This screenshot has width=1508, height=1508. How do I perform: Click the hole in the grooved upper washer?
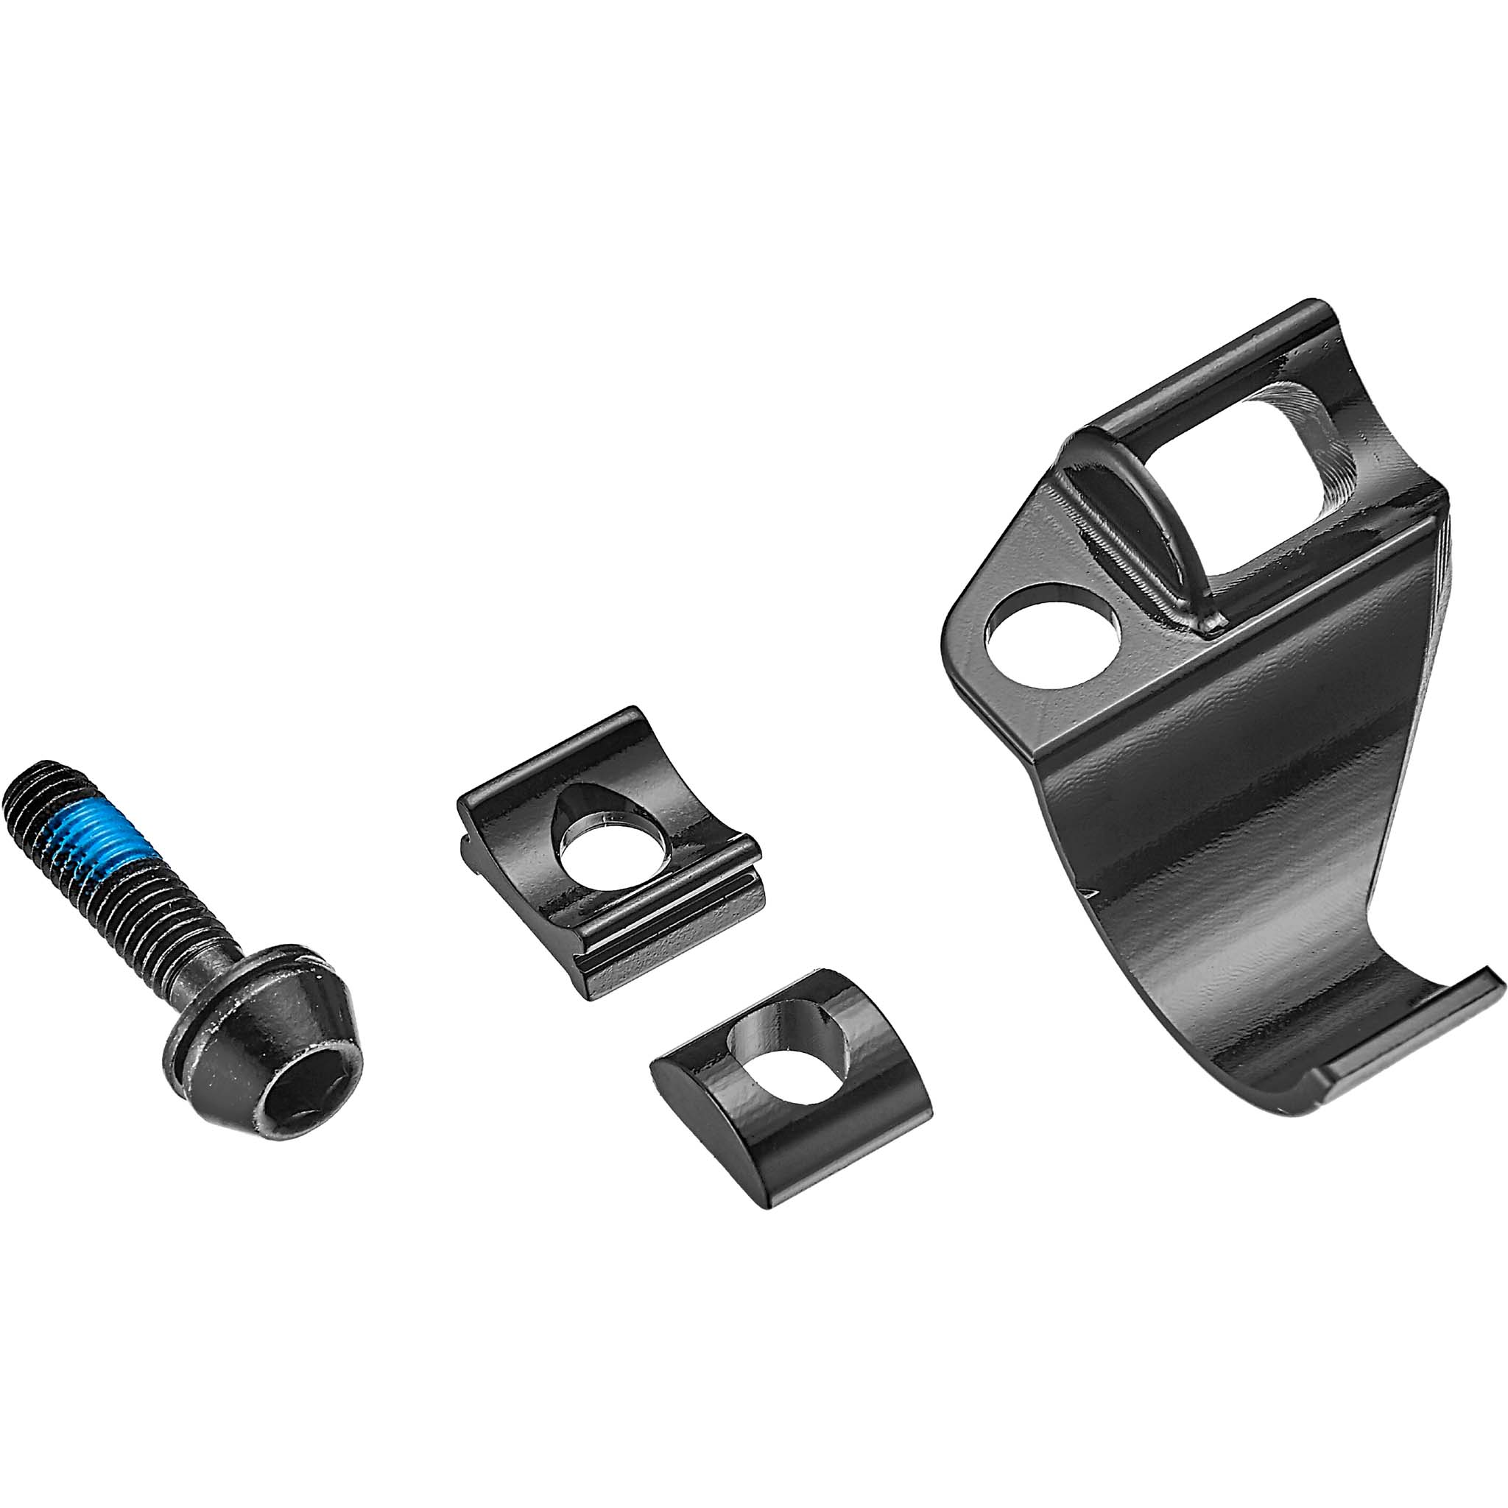tap(613, 850)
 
